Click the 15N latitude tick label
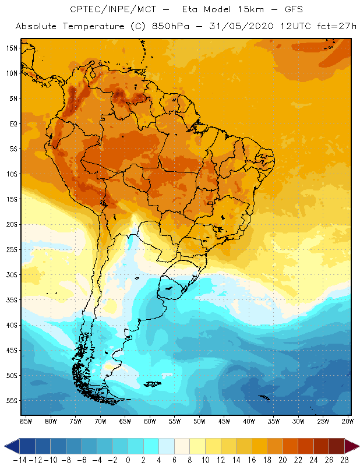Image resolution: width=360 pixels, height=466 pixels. (10, 48)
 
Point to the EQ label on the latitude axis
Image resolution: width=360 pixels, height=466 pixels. (12, 123)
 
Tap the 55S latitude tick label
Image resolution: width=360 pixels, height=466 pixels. (10, 401)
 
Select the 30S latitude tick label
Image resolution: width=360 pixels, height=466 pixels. (10, 274)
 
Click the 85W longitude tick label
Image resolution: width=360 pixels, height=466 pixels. (26, 421)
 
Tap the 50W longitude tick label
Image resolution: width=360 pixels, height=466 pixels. (199, 421)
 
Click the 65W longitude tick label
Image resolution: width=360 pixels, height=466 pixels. (125, 421)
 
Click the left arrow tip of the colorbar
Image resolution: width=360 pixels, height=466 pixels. (6, 446)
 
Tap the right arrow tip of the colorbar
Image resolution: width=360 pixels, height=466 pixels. (355, 446)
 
